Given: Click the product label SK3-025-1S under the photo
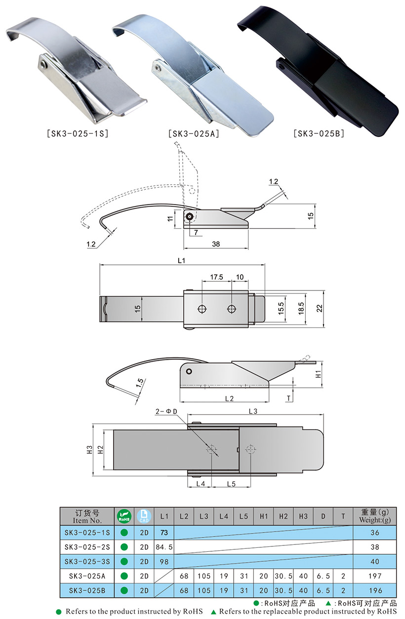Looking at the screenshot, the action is coord(78,134).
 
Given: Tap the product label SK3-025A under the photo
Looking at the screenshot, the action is coord(194,134).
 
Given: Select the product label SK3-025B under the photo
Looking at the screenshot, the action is coord(319,134).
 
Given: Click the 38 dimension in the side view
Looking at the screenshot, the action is coord(216,244).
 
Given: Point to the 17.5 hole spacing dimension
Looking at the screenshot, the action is coord(216,277).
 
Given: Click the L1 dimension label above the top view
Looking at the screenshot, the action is coord(181,260).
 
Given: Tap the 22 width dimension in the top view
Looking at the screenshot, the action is coord(320,308).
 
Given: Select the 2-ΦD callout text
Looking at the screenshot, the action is coord(166,412).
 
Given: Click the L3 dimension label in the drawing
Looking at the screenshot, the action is coord(253,411).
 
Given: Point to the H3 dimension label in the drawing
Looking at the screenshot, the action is coord(89,450).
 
